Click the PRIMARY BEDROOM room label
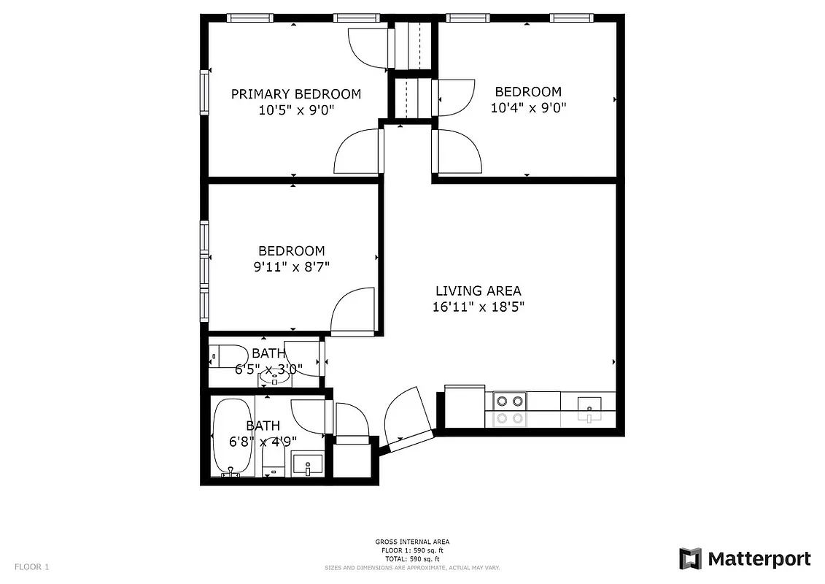coord(295,94)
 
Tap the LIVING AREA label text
coord(478,291)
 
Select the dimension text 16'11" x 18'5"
coord(478,307)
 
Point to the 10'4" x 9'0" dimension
coord(528,108)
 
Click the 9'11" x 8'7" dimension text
coord(291,267)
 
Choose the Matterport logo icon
coord(690,558)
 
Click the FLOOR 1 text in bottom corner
coord(32,566)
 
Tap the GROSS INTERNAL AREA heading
coord(411,542)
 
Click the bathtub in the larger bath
coord(232,438)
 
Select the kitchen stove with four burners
coord(509,408)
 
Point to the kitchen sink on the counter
coord(589,407)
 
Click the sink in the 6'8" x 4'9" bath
coord(307,465)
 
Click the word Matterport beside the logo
coord(759,559)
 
